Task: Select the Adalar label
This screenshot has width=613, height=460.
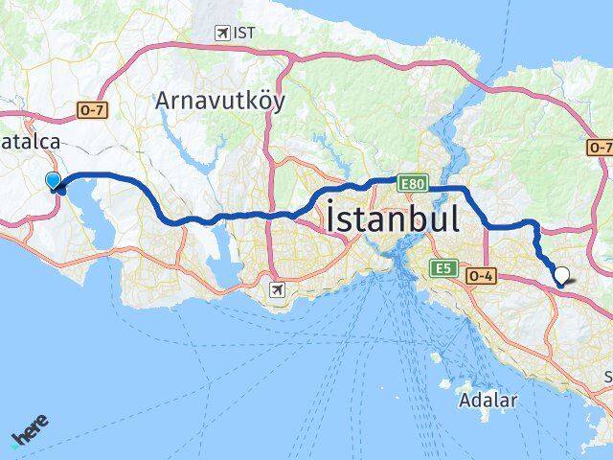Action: tap(488, 399)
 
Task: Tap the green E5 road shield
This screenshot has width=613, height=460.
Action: tap(442, 267)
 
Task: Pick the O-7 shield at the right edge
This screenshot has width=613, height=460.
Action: tap(600, 148)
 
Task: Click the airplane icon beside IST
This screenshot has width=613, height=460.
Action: tap(222, 33)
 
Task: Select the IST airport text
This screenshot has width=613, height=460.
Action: tap(246, 33)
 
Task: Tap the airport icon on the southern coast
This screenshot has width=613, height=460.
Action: tap(278, 288)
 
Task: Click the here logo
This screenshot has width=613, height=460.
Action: tap(30, 431)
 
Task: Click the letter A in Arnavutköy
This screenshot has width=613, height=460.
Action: tap(164, 100)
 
